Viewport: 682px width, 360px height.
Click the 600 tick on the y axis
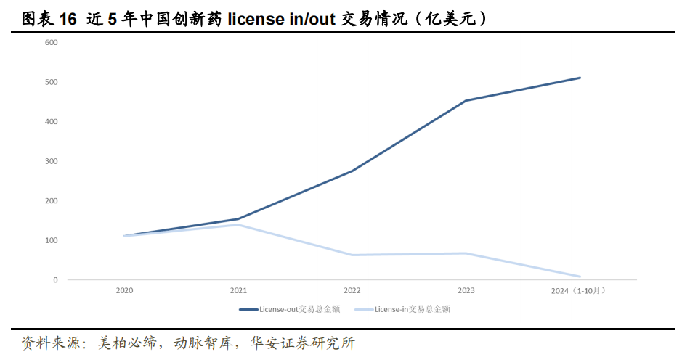pyautogui.click(x=52, y=42)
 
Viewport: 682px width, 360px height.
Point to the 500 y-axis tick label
pyautogui.click(x=52, y=82)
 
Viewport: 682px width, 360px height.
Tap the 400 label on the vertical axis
pyautogui.click(x=52, y=121)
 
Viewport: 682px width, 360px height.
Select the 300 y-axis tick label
pyautogui.click(x=52, y=161)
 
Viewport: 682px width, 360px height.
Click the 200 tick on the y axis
pyautogui.click(x=52, y=200)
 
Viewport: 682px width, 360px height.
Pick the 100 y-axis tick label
pyautogui.click(x=52, y=240)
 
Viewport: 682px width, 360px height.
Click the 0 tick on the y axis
pyautogui.click(x=55, y=279)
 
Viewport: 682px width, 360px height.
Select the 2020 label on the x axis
pyautogui.click(x=125, y=291)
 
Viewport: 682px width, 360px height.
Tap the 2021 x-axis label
pyautogui.click(x=238, y=291)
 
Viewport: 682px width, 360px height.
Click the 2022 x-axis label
pyautogui.click(x=352, y=291)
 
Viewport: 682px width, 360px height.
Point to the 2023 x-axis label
pyautogui.click(x=466, y=291)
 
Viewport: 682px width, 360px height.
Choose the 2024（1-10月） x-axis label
pyautogui.click(x=580, y=291)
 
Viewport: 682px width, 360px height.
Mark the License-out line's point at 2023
pyautogui.click(x=466, y=101)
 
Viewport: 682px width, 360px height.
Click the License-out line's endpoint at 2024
pyautogui.click(x=580, y=78)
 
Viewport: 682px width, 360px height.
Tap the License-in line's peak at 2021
pyautogui.click(x=238, y=224)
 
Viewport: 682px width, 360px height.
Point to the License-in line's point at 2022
pyautogui.click(x=352, y=255)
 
